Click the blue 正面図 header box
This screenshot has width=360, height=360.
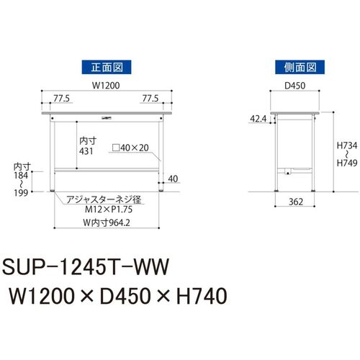[x=107, y=67]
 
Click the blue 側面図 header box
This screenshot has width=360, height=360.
[x=300, y=67]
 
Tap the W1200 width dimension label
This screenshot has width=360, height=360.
[x=106, y=86]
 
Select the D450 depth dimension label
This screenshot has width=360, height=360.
[x=295, y=86]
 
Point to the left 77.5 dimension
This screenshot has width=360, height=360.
[x=61, y=99]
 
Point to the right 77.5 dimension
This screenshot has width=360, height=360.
[x=150, y=99]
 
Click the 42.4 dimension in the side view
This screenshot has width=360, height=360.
[x=258, y=119]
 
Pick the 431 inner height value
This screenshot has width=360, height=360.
[x=86, y=151]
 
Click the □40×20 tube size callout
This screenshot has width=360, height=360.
[x=130, y=148]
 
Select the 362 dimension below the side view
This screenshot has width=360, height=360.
[x=296, y=202]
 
